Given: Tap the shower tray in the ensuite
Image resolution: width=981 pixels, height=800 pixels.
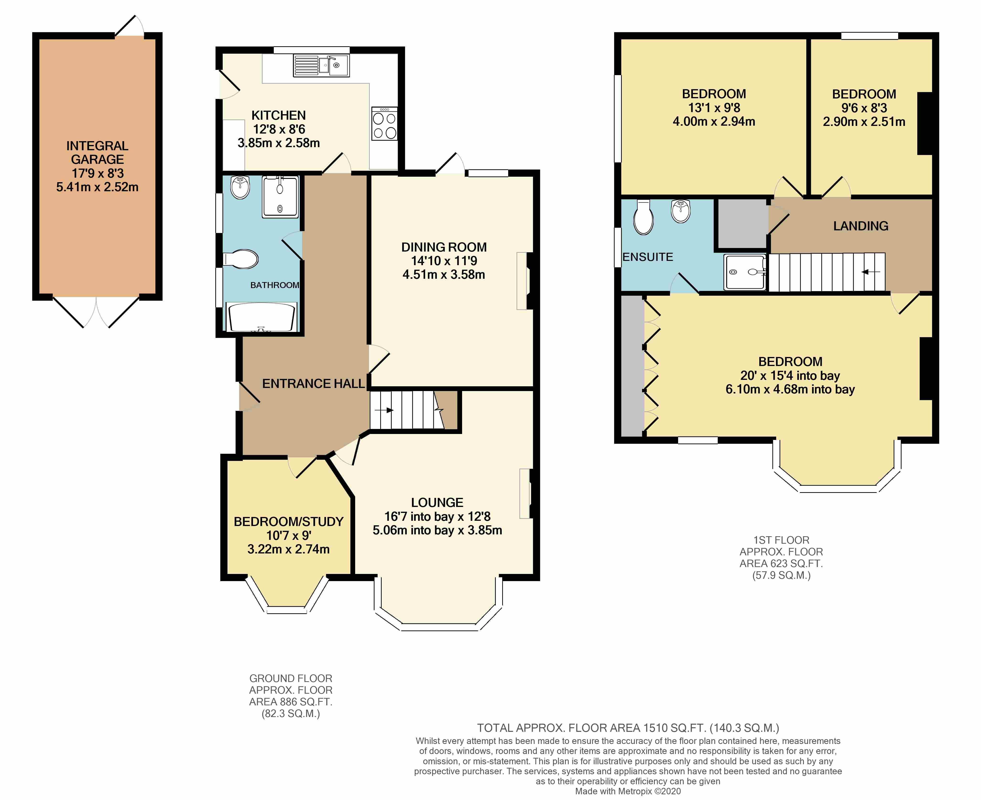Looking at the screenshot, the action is tap(745, 272).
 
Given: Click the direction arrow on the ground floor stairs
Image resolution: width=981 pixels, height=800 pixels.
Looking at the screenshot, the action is tap(384, 410).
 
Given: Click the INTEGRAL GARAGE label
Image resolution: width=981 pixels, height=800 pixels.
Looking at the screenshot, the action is tap(97, 153).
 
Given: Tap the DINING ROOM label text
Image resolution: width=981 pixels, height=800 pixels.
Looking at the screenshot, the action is tap(444, 247).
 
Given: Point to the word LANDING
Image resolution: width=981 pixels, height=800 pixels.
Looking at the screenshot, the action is tap(861, 226).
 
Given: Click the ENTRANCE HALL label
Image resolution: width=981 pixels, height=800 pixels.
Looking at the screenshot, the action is tap(314, 383).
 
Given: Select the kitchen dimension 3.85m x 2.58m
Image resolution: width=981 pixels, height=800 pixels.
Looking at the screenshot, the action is tap(279, 143).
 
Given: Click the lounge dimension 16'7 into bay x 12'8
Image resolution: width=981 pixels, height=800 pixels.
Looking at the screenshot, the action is tap(437, 516).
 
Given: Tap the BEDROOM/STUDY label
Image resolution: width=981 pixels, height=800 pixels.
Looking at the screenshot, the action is tap(289, 522).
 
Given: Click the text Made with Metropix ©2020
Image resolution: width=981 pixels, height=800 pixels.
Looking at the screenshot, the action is tap(628, 791).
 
